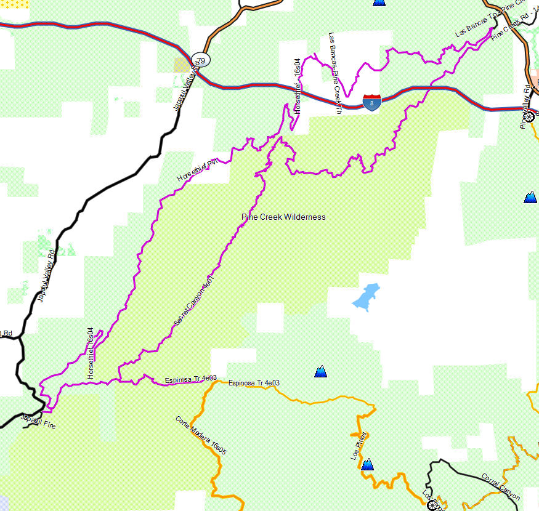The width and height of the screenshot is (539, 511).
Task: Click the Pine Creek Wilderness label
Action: [x=283, y=217]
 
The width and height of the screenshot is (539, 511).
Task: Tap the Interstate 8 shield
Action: [x=371, y=102]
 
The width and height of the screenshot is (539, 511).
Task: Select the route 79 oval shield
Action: [x=200, y=60]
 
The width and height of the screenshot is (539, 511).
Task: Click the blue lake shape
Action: [x=365, y=297]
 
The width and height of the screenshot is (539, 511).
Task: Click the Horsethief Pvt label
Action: [x=198, y=170]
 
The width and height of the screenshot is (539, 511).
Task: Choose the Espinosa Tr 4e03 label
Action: [x=254, y=383]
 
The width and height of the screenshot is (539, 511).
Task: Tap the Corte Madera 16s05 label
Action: [x=201, y=436]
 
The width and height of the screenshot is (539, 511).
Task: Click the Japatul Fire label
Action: [x=38, y=421]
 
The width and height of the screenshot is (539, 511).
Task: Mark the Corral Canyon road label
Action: [x=501, y=487]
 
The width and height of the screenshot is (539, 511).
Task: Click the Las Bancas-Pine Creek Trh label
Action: [x=335, y=73]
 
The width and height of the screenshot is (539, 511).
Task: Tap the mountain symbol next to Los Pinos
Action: [x=368, y=464]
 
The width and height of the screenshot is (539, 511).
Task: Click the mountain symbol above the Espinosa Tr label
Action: [x=320, y=371]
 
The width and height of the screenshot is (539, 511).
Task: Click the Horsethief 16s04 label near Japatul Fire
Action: [x=91, y=353]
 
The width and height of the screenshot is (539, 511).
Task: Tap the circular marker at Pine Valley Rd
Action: [x=529, y=113]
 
